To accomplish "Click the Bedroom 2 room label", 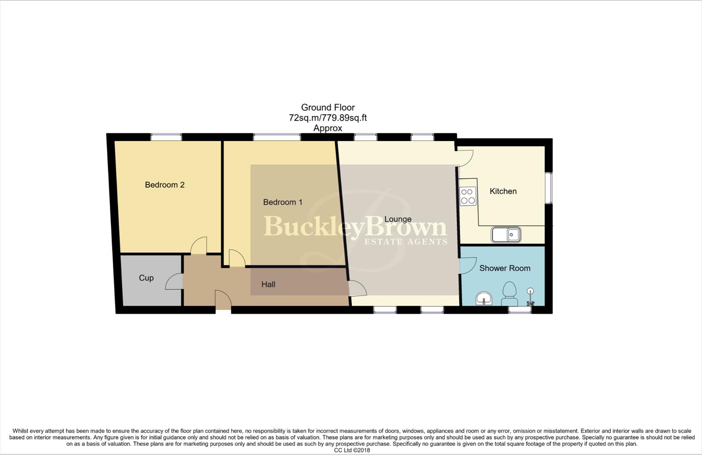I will point(164,185).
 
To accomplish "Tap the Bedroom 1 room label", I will point(283,202).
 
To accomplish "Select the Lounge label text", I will point(398,219).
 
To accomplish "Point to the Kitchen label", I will point(503,191).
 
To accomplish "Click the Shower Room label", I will point(504,268).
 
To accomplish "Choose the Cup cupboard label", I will point(146,278).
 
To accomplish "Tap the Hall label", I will point(268,285).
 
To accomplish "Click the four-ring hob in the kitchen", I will point(468,196).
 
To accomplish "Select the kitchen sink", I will point(506,235).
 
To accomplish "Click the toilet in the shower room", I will point(509,294).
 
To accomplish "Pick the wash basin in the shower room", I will point(484,299).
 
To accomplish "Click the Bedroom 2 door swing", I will point(199,246).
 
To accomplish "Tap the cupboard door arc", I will point(174,282).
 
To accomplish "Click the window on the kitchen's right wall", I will point(549,188).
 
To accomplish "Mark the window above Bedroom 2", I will point(166,137).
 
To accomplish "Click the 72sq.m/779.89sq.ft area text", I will point(327,118).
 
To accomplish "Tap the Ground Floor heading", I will point(327,108).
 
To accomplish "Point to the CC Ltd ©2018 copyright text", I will point(352,450).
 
